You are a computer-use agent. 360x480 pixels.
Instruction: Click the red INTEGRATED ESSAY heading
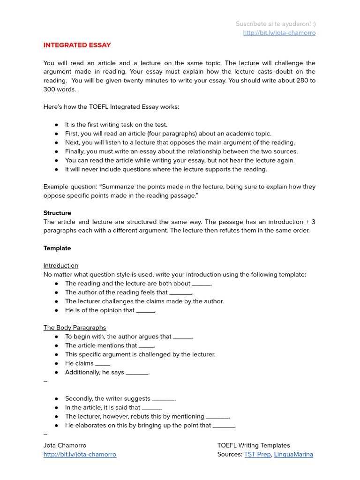tap(77, 45)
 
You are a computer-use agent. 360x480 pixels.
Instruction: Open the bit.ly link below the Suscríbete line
tap(279, 33)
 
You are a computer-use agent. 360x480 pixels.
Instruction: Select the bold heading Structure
tap(57, 213)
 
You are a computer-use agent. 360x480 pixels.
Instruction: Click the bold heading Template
tap(57, 248)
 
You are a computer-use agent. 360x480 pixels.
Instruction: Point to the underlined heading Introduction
tap(61, 265)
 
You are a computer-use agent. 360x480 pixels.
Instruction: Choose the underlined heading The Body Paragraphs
tap(75, 328)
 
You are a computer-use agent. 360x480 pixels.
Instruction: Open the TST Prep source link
tap(257, 454)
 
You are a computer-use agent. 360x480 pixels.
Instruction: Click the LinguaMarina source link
tap(293, 454)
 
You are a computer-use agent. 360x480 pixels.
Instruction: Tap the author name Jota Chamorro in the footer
tap(65, 445)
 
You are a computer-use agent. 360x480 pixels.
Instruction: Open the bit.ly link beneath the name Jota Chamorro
tap(80, 454)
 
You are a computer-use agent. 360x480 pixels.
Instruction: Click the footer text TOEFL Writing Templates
tap(254, 445)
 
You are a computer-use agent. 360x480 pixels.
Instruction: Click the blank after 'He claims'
tap(103, 364)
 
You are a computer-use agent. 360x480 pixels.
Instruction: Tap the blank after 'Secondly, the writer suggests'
tap(164, 399)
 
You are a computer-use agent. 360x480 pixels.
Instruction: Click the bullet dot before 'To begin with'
tap(56, 337)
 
